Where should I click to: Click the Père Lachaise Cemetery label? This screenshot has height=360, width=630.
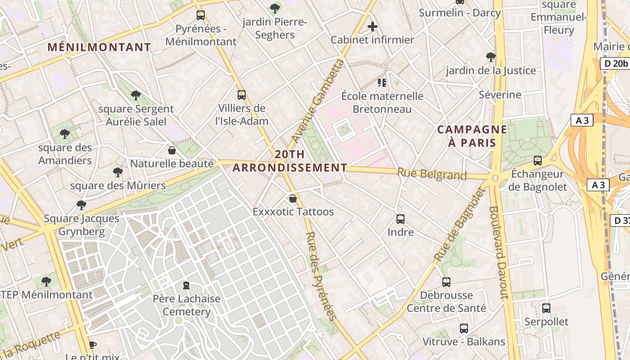(186, 305)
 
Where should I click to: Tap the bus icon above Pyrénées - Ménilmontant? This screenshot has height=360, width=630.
(201, 15)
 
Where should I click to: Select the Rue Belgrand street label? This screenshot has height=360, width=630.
(432, 174)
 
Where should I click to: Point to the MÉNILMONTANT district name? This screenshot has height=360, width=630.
(99, 47)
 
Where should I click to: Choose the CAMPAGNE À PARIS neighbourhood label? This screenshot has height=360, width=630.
(472, 136)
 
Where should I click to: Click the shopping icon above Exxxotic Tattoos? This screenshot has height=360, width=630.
(293, 198)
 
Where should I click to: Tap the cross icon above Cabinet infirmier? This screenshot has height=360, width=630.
(373, 27)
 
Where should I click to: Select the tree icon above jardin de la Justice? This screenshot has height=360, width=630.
(490, 57)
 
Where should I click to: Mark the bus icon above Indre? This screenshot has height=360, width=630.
(400, 219)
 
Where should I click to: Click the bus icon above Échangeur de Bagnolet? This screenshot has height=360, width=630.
(537, 161)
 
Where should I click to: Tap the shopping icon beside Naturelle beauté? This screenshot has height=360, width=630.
(171, 150)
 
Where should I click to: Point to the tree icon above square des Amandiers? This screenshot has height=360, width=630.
(65, 134)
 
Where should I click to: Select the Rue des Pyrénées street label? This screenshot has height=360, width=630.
(321, 276)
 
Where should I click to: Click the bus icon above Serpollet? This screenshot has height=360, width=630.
(546, 308)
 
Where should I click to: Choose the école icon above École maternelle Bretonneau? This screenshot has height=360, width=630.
(382, 83)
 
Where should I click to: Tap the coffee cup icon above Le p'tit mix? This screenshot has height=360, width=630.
(93, 345)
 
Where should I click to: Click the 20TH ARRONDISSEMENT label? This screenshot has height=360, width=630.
(290, 161)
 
